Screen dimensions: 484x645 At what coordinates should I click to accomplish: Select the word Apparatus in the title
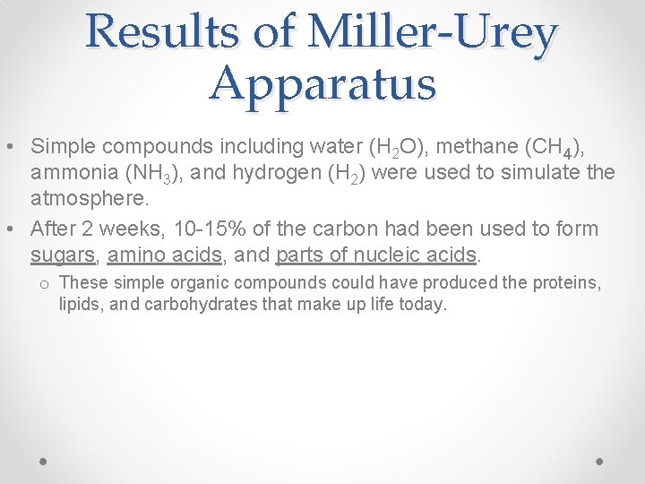point(322,85)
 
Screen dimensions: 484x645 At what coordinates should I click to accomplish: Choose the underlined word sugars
point(63,255)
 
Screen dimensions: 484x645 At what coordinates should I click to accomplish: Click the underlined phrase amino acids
point(165,255)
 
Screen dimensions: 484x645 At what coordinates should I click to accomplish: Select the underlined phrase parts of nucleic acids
point(376,255)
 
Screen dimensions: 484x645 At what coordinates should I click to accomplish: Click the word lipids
point(79,305)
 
